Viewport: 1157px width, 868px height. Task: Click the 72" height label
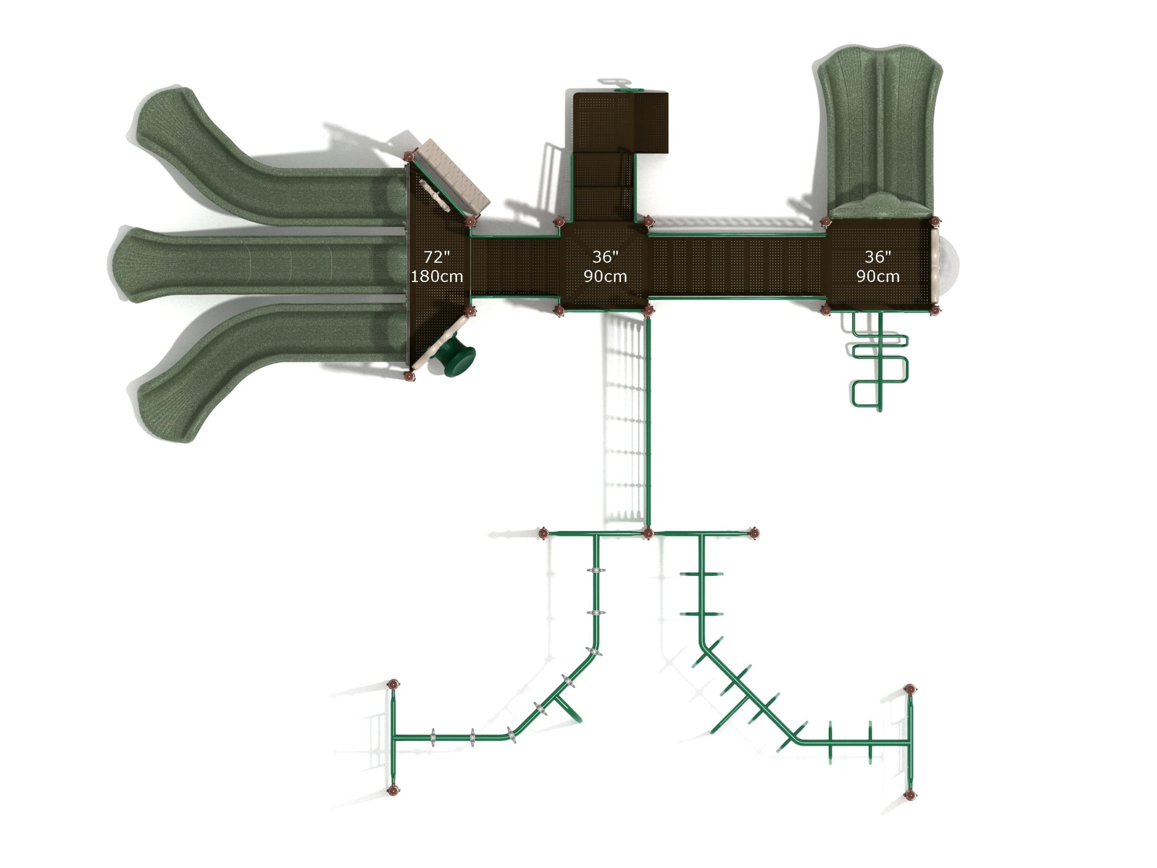(x=437, y=256)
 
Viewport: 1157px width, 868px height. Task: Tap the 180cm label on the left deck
(x=437, y=276)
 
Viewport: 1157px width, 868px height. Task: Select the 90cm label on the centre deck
(x=605, y=276)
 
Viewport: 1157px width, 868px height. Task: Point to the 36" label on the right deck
(x=878, y=256)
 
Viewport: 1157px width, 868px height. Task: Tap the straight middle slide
(x=259, y=264)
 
